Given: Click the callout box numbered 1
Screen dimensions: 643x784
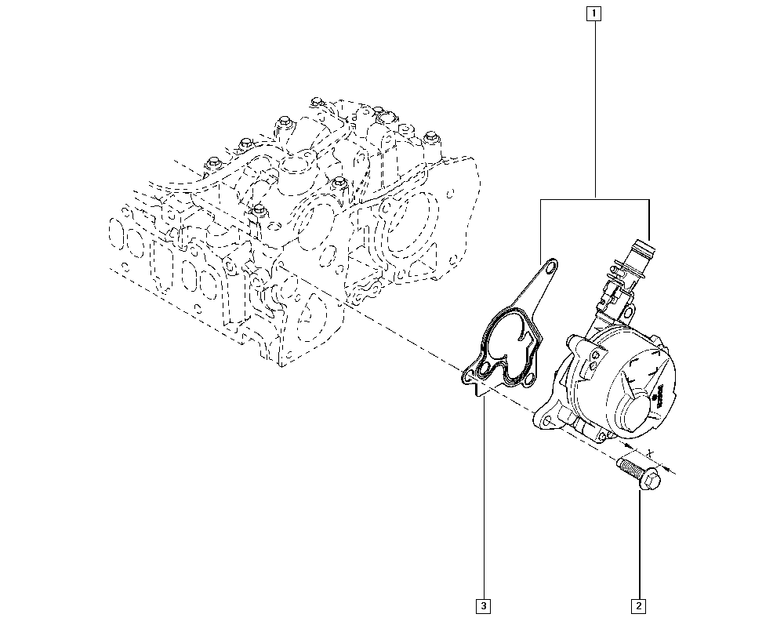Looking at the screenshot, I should [x=595, y=13].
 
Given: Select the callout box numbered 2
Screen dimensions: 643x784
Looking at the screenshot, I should [x=639, y=605].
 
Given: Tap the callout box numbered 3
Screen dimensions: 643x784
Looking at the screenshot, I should [x=484, y=605].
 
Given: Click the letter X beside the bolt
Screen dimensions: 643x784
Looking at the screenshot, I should [x=651, y=453].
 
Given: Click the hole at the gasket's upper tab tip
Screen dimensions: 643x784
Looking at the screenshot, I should [x=551, y=270].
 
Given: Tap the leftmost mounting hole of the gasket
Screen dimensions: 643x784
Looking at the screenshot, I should [x=468, y=376].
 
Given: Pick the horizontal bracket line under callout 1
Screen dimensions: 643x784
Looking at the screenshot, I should [x=596, y=199].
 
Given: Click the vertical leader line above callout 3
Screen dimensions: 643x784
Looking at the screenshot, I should [x=484, y=502].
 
